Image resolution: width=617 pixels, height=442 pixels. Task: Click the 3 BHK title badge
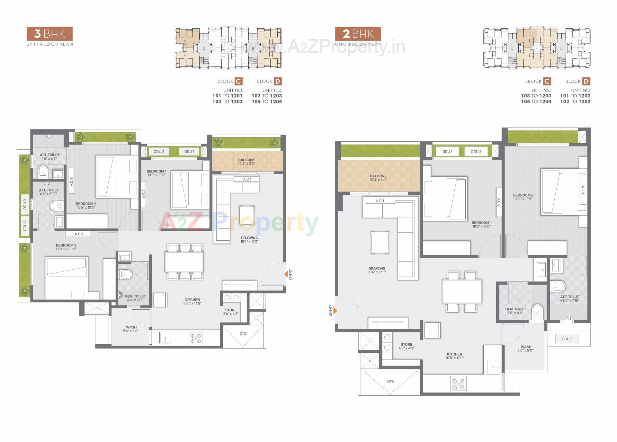point(49,34)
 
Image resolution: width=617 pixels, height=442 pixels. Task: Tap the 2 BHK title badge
point(358,34)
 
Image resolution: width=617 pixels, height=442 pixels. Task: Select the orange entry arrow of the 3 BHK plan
point(286,274)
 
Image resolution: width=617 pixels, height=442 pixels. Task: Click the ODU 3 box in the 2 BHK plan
point(567,339)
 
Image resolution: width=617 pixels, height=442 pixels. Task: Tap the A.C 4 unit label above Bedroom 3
point(79,234)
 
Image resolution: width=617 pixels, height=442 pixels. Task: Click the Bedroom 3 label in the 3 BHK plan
point(66,247)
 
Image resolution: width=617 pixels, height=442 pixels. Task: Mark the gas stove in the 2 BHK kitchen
point(458,383)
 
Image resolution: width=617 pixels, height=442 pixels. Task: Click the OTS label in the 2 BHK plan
point(390,382)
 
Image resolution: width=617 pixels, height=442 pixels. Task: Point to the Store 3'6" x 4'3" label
point(231,312)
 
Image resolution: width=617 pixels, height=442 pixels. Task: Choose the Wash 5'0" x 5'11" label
point(526,348)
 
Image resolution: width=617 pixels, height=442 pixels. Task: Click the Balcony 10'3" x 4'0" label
point(378,178)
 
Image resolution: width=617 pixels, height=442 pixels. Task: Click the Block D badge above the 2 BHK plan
point(586,81)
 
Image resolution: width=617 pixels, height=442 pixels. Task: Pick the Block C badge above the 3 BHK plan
point(238,81)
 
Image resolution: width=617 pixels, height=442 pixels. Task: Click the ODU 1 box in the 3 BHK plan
point(189,151)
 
